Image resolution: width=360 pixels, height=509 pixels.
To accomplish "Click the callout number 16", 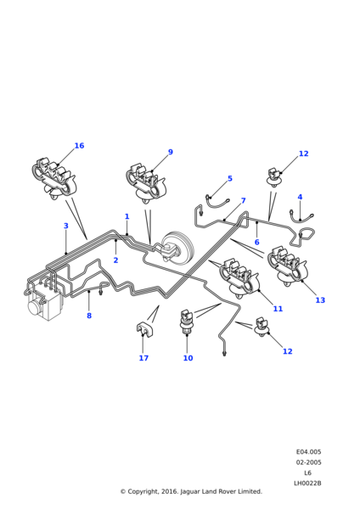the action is click(79, 146).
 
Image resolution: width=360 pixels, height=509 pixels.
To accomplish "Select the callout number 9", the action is click(171, 152).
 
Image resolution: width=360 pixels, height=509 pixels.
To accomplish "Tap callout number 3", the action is click(66, 226).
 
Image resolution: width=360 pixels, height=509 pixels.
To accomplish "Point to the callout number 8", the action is click(89, 316).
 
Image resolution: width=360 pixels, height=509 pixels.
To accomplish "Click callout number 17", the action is click(143, 358).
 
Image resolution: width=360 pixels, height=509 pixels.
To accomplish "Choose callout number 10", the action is click(188, 358).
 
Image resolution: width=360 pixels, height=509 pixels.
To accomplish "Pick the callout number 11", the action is click(278, 309).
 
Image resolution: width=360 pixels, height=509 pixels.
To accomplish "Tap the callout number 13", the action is click(320, 300).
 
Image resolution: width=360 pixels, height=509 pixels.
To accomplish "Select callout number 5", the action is click(230, 178).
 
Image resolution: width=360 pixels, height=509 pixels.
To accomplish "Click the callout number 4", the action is click(300, 197).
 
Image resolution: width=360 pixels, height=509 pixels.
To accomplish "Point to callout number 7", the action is click(244, 200).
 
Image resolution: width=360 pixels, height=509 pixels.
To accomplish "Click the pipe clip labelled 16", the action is click(53, 178).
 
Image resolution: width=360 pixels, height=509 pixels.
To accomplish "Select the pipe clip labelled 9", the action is click(145, 184).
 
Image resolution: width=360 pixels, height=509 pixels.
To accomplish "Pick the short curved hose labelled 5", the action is click(217, 204).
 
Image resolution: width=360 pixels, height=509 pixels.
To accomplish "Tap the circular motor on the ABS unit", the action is click(35, 306).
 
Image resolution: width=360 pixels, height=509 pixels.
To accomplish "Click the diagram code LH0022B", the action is click(307, 483).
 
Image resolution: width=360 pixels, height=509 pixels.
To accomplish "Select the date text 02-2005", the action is click(308, 462).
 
